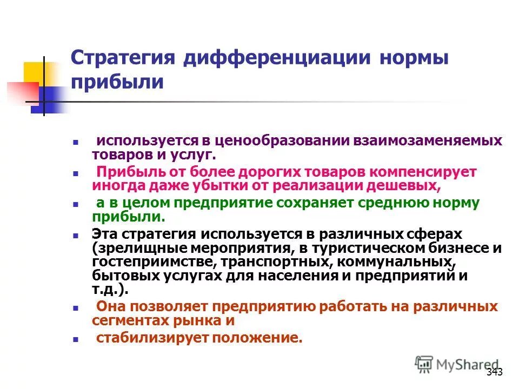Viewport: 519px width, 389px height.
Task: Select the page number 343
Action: point(494,372)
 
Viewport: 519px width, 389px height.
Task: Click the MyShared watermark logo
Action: point(457,365)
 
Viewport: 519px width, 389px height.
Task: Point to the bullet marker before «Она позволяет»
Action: point(76,307)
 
